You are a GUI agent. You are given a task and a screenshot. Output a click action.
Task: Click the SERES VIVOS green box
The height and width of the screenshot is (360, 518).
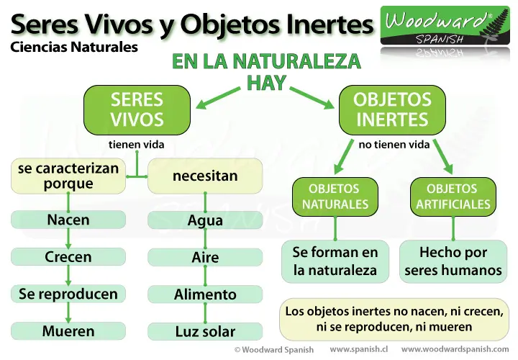137,109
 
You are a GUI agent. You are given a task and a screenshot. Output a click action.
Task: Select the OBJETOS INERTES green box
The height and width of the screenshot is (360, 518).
392,109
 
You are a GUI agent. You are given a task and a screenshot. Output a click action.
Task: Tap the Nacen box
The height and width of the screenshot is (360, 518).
68,220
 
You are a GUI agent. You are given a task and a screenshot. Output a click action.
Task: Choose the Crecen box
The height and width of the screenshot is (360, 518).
68,256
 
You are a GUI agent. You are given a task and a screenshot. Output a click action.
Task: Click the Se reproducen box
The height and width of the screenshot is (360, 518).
68,294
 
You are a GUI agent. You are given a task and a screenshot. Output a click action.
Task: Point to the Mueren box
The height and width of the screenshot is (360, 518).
68,331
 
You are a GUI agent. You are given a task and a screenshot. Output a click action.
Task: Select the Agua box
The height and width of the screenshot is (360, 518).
205,220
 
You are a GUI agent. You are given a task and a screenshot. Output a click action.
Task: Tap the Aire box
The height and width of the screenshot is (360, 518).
205,257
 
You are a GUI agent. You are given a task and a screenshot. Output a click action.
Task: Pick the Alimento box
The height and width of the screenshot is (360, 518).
205,294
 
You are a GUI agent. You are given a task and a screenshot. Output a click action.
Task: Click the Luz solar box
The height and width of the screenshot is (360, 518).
205,331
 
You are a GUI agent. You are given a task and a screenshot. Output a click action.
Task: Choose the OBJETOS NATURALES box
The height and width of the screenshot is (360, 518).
335,197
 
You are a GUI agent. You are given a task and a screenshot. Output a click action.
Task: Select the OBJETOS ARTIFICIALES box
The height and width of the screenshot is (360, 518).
453,197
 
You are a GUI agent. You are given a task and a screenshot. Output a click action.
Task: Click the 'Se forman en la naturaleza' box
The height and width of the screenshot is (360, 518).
335,261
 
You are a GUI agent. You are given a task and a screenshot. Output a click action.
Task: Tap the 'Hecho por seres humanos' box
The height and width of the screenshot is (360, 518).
453,261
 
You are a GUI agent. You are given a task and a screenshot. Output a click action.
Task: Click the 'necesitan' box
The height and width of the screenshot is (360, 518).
205,176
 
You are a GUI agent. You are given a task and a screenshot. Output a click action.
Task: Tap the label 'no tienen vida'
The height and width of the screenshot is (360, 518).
394,145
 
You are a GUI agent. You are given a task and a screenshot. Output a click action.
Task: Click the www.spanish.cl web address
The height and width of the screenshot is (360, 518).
359,349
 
